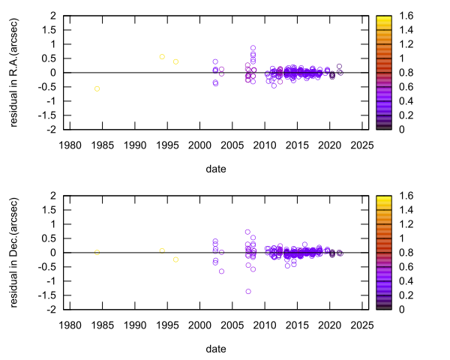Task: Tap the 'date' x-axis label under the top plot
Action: tap(216, 169)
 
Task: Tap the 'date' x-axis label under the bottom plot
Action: tap(216, 349)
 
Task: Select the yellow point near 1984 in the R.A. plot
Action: tap(97, 88)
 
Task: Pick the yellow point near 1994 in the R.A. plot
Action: tap(162, 56)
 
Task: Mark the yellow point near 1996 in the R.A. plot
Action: tap(175, 61)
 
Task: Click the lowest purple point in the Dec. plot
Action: tap(248, 292)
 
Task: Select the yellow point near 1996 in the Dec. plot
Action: tap(175, 259)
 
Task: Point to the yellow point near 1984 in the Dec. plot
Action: tap(97, 252)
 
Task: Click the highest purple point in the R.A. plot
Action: tap(253, 48)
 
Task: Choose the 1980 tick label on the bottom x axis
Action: tap(70, 324)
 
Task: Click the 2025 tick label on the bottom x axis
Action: tap(361, 324)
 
